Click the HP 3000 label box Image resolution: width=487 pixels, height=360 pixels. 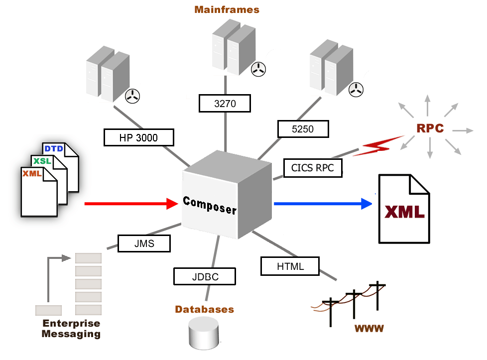[x=139, y=137]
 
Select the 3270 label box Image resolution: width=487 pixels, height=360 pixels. [x=224, y=103]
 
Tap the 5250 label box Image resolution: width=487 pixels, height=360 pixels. [x=303, y=129]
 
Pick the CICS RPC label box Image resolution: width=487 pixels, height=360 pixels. [x=313, y=168]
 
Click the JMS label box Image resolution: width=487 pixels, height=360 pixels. [x=144, y=243]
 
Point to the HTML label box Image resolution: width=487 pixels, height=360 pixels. [x=290, y=266]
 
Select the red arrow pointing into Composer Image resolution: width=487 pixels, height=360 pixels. [x=131, y=203]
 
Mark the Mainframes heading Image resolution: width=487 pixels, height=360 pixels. [x=227, y=9]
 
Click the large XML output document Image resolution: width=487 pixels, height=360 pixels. [x=404, y=209]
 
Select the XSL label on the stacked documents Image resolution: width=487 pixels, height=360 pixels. [x=41, y=161]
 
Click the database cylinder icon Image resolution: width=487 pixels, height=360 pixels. [x=204, y=333]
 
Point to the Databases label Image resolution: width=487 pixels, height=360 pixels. [x=204, y=309]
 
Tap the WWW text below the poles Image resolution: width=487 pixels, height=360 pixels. [x=369, y=328]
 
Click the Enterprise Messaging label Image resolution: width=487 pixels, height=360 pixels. [x=71, y=328]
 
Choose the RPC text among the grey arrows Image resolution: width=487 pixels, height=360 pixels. [x=430, y=128]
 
